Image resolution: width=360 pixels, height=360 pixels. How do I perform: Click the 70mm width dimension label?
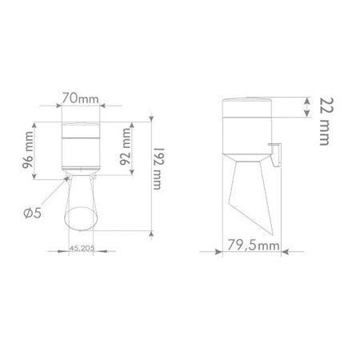[81, 98]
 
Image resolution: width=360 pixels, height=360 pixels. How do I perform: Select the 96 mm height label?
[28, 150]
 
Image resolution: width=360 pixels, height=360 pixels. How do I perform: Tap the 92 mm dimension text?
[126, 146]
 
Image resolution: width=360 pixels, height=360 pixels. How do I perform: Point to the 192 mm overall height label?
[158, 169]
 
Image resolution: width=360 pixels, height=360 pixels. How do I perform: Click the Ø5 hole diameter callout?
[33, 213]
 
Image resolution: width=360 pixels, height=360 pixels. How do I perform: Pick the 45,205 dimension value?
[82, 248]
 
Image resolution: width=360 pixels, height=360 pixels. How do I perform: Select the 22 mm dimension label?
[326, 122]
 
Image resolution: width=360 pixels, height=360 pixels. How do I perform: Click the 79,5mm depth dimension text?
[254, 245]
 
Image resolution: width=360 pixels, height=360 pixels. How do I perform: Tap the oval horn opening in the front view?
[81, 218]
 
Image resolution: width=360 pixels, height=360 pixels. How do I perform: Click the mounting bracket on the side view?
[275, 155]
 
